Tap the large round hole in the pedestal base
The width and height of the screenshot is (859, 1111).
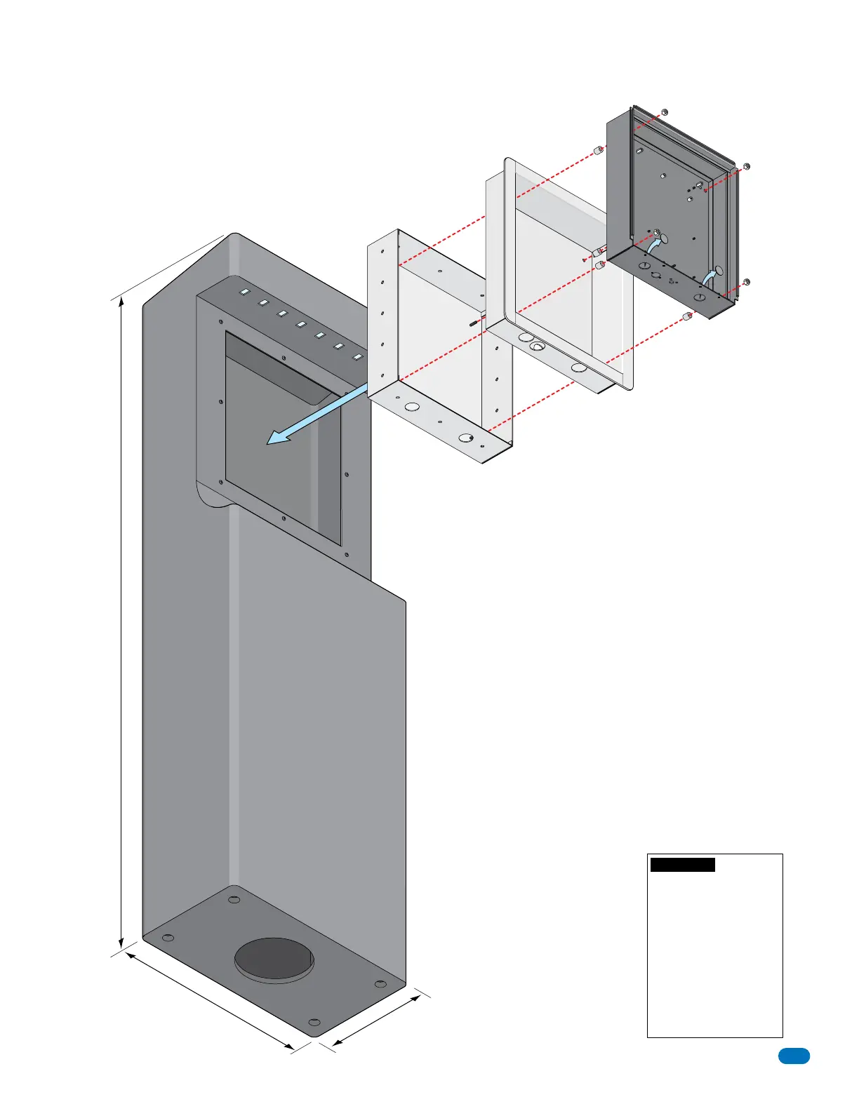pos(274,958)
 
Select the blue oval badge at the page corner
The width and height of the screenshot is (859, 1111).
pos(794,1056)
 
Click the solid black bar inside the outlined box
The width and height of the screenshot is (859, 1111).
pos(682,865)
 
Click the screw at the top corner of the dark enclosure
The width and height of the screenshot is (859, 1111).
pos(664,112)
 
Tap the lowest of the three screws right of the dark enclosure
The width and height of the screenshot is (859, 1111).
pos(746,282)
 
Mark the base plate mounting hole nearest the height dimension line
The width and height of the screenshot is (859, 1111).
pos(168,938)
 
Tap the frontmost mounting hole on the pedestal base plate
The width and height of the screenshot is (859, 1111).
pos(314,1021)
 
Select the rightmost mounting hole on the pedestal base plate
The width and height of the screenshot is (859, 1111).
pos(380,984)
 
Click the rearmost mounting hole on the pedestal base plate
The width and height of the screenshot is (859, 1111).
pos(234,899)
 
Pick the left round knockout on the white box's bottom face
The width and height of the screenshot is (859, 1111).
pos(412,406)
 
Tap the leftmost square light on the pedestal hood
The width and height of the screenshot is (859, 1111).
pos(245,292)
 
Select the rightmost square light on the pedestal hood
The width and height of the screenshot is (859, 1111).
pos(357,357)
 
